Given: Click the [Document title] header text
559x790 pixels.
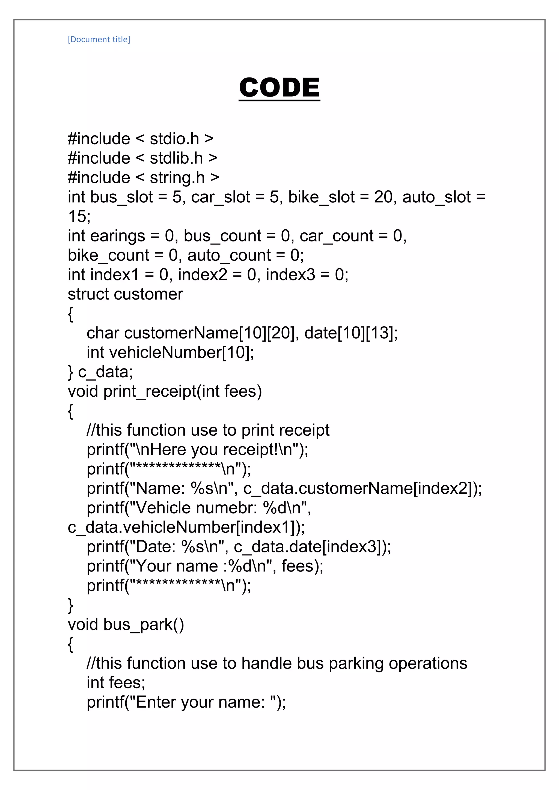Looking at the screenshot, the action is tap(99, 39).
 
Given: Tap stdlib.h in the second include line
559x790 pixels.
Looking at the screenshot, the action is tap(176, 158).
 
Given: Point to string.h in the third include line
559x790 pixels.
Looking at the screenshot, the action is tap(177, 178).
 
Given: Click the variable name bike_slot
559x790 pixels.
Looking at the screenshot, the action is tap(321, 197).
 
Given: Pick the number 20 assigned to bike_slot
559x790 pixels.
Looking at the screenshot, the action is tap(383, 197).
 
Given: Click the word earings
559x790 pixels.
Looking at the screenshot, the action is tap(117, 236).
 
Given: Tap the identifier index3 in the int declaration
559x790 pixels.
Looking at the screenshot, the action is tap(290, 275).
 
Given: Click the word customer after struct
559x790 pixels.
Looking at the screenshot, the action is tap(149, 294).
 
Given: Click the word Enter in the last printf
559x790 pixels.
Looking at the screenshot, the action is tap(156, 702).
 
